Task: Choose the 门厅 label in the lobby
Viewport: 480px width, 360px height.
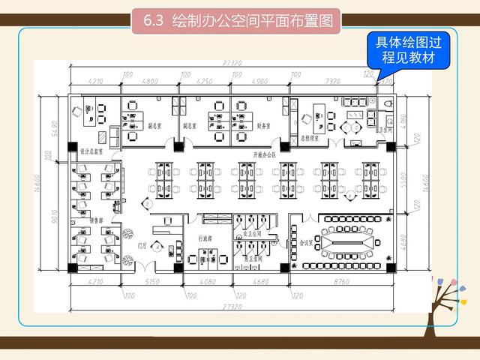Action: pyautogui.click(x=142, y=244)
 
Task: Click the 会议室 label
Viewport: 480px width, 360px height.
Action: pyautogui.click(x=305, y=243)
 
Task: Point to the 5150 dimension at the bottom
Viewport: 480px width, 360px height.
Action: pyautogui.click(x=151, y=281)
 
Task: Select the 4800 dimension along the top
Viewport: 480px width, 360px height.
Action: pyautogui.click(x=151, y=79)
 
